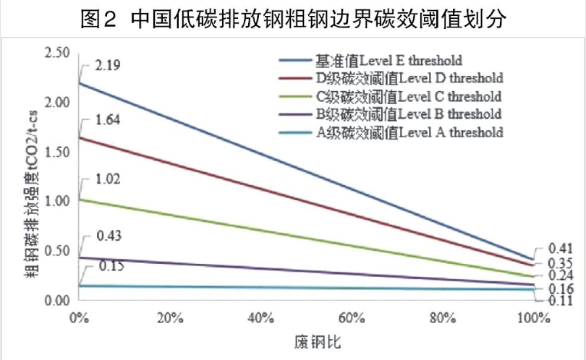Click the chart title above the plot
[x=293, y=19]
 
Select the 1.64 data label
[x=107, y=121]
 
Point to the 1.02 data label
[x=107, y=179]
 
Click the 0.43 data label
[x=107, y=236]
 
